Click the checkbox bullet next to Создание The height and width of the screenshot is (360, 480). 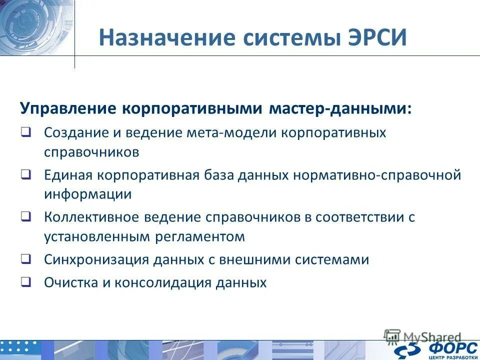(26, 133)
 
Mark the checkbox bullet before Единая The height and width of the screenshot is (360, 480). (26, 175)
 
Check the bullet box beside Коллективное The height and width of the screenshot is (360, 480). (26, 217)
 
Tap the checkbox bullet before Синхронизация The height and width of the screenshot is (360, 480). (26, 259)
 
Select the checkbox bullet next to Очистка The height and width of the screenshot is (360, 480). (26, 282)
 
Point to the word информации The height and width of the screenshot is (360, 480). (87, 194)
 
